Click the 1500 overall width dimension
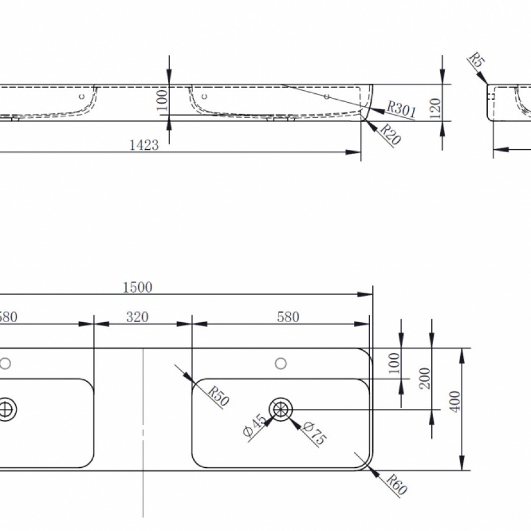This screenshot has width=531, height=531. point(137,287)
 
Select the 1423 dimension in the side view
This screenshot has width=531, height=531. point(144,145)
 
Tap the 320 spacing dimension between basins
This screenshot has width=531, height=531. point(137,317)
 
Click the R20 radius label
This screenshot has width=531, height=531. point(391,134)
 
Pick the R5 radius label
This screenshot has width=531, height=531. point(477,60)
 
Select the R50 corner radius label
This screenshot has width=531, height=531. point(218,396)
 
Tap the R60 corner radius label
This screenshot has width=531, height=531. point(396,484)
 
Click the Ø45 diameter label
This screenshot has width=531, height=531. point(255,425)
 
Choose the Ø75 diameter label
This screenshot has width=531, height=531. point(314,434)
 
